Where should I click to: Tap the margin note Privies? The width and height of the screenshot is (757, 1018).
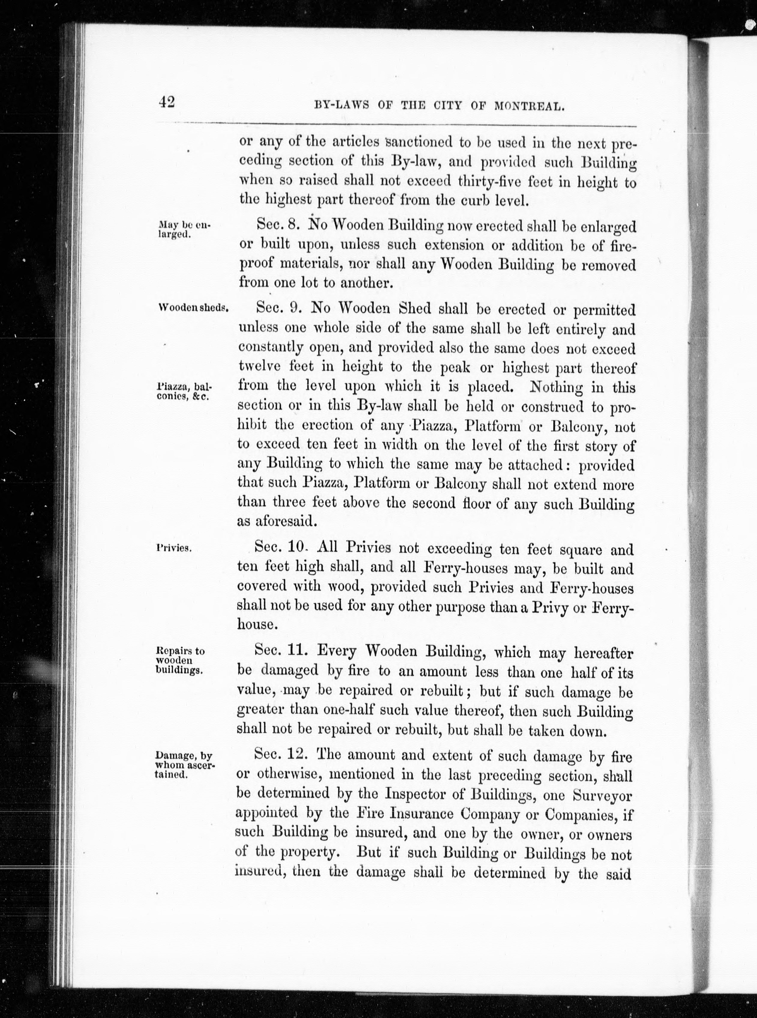point(173,548)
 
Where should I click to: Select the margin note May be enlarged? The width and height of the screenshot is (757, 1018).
point(182,229)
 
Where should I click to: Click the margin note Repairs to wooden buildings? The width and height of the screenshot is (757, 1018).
point(180,660)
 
